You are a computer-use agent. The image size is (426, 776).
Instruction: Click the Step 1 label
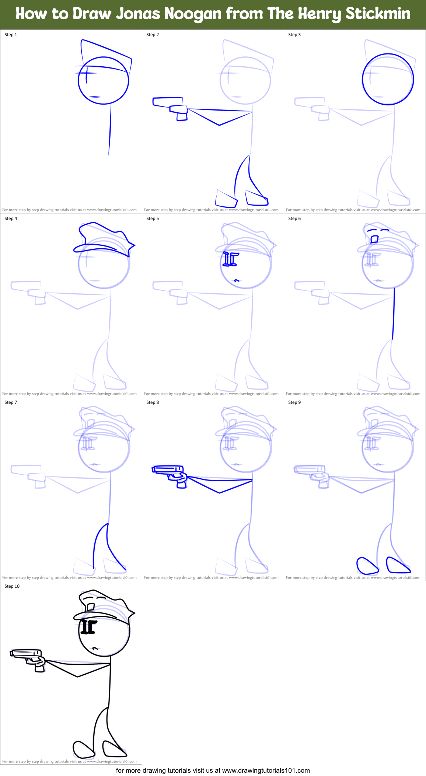click(11, 35)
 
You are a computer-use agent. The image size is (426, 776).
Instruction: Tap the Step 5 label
click(153, 219)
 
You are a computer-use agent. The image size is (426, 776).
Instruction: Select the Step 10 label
click(12, 586)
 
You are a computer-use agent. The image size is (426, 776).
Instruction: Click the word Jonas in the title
click(138, 14)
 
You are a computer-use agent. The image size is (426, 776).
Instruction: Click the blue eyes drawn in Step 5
click(230, 259)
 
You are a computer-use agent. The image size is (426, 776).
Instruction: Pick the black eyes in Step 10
click(88, 627)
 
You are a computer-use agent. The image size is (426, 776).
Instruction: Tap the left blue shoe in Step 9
click(367, 566)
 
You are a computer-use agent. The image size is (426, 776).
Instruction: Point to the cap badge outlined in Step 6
click(374, 239)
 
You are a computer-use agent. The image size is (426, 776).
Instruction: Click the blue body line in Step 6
click(394, 313)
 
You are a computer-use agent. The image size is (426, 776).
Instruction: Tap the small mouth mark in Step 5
click(237, 280)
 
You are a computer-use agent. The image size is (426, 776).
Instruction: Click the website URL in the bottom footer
click(266, 770)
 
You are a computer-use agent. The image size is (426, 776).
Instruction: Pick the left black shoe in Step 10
click(83, 749)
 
